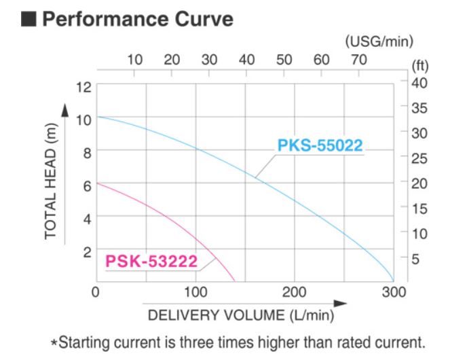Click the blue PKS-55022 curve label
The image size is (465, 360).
[320, 146]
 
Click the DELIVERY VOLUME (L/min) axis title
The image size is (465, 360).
[241, 315]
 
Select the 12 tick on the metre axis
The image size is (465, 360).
[83, 87]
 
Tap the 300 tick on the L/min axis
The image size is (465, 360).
[394, 292]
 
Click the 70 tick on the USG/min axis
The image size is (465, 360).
[359, 60]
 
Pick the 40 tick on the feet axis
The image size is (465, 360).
[419, 82]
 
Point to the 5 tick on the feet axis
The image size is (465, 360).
[415, 259]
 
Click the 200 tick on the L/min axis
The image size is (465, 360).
[294, 292]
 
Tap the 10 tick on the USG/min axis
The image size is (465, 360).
[135, 60]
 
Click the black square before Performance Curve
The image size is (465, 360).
[29, 18]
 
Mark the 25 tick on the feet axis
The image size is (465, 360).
[419, 158]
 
